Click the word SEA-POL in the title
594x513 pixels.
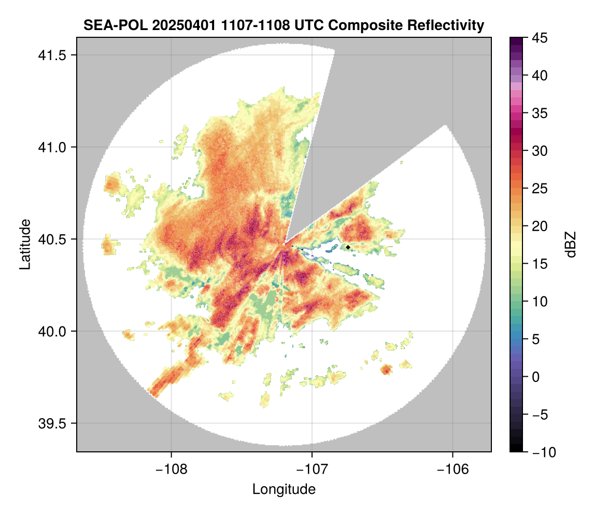[x=106, y=25]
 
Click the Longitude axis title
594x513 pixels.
[x=284, y=489]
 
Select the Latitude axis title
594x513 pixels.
[x=24, y=244]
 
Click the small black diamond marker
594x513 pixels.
[x=348, y=247]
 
